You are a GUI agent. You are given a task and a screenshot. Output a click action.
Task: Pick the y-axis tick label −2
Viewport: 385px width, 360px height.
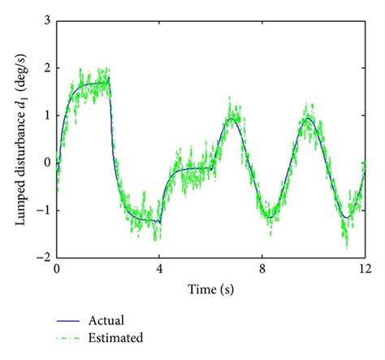[44, 256]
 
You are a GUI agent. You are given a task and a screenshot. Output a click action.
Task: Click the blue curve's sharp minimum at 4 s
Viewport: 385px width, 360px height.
[160, 221]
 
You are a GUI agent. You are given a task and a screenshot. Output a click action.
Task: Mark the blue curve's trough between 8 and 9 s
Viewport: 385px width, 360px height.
[270, 213]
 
